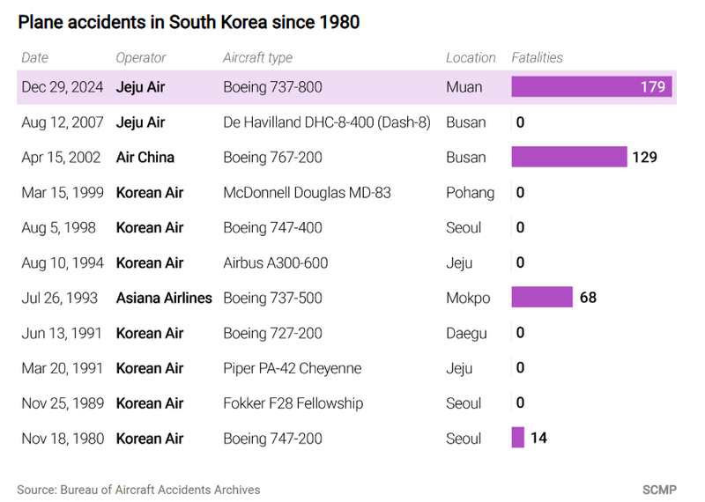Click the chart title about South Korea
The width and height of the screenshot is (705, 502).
189,22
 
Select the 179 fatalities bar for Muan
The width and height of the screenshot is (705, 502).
591,87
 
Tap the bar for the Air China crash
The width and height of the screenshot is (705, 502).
568,158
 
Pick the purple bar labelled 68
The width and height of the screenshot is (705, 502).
542,298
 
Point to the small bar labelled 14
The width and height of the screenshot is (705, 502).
518,438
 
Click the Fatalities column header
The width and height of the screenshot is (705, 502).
537,58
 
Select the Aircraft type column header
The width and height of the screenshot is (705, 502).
257,58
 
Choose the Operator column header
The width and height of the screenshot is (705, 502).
141,58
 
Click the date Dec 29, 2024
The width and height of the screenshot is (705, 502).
63,87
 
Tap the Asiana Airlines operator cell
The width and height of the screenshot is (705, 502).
164,298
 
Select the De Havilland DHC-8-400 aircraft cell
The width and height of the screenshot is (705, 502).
327,122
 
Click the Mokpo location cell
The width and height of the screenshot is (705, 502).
468,298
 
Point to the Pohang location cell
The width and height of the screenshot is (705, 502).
470,192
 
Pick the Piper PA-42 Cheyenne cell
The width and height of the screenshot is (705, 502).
293,368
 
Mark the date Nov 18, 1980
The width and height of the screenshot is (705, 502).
63,438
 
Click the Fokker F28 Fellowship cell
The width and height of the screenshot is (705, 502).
293,403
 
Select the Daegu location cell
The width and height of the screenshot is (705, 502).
466,333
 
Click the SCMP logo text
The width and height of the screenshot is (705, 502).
659,488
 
